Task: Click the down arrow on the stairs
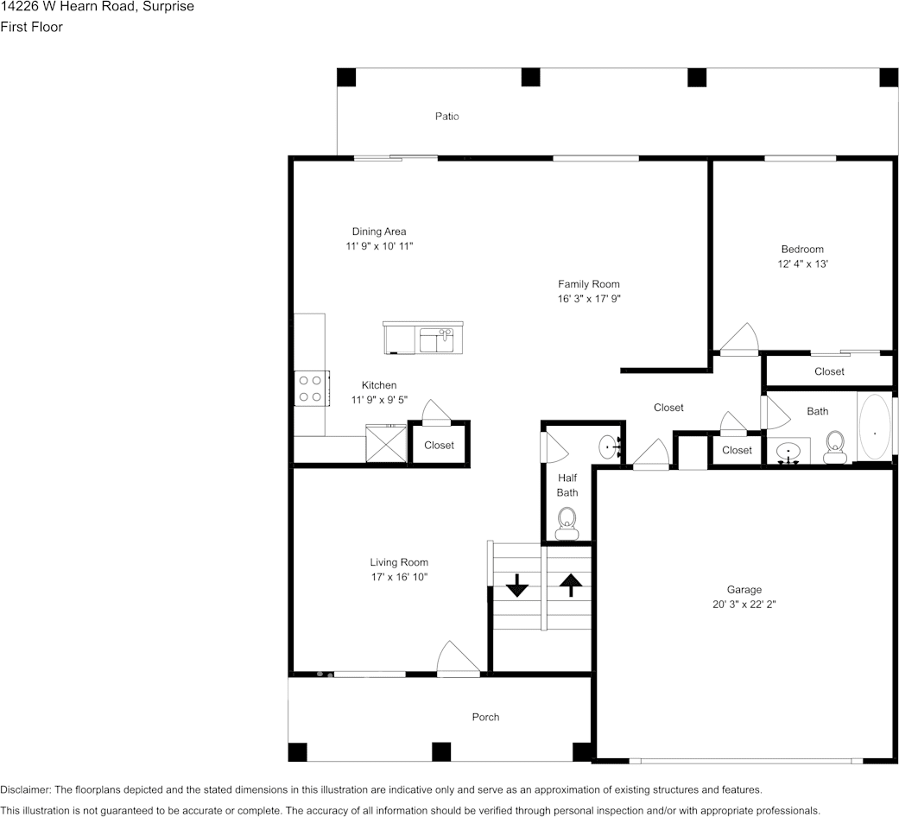[x=516, y=587]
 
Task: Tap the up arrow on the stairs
[x=570, y=586]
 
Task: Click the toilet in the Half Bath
[x=567, y=522]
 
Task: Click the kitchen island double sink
[x=435, y=339]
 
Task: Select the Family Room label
[x=588, y=284]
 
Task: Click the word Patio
[x=446, y=116]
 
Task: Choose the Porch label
[x=485, y=717]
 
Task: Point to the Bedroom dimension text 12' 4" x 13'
[x=802, y=264]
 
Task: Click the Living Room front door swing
[x=456, y=659]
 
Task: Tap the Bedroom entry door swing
[x=739, y=338]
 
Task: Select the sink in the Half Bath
[x=610, y=447]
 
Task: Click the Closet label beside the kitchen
[x=439, y=445]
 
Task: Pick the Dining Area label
[x=378, y=231]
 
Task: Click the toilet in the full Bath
[x=834, y=446]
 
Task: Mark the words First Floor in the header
[x=31, y=27]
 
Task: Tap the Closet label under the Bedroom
[x=829, y=371]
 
